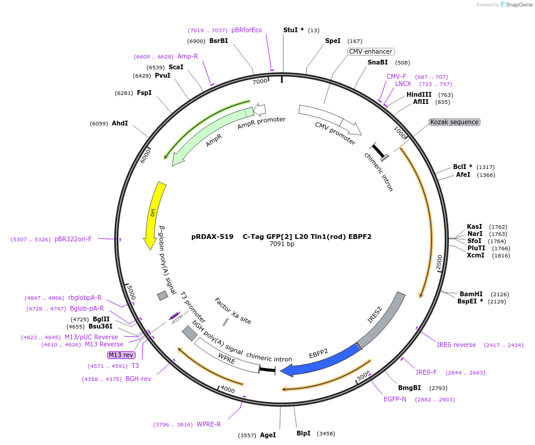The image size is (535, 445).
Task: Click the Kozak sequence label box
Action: pyautogui.click(x=454, y=122)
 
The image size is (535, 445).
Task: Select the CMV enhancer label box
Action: pyautogui.click(x=371, y=52)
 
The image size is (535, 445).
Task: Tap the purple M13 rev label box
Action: pyautogui.click(x=121, y=355)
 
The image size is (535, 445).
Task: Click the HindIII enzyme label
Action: pyautogui.click(x=419, y=95)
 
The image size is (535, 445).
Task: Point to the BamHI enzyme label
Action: pyautogui.click(x=471, y=294)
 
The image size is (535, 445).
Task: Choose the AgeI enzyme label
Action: pyautogui.click(x=268, y=435)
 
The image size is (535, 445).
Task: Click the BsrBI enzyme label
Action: pyautogui.click(x=218, y=41)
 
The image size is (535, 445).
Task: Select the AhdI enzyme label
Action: pyautogui.click(x=120, y=124)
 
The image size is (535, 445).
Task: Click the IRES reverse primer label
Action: pyautogui.click(x=456, y=345)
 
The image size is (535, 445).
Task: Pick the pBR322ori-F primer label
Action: pyautogui.click(x=73, y=240)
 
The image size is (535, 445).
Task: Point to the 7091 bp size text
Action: pyautogui.click(x=282, y=244)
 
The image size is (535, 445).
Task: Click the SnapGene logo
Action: pyautogui.click(x=516, y=5)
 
